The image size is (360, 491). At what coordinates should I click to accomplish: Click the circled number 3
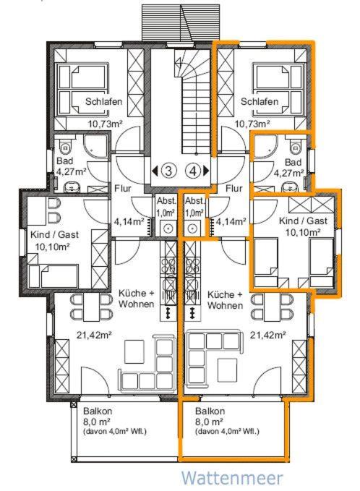click(168, 171)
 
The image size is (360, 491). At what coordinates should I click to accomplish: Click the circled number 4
click(194, 171)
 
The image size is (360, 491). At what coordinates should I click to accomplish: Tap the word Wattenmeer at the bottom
click(232, 478)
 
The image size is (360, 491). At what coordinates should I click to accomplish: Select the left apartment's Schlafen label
click(103, 101)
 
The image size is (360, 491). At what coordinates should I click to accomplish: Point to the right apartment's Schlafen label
click(260, 101)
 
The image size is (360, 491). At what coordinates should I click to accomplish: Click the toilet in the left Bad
click(66, 147)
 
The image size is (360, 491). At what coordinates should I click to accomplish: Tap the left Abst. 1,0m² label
click(166, 207)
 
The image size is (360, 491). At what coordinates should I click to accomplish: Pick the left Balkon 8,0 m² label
click(98, 417)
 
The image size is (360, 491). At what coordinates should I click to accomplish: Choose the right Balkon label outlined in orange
click(210, 411)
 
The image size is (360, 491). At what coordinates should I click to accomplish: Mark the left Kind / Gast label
click(54, 234)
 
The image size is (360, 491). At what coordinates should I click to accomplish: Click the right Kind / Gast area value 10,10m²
click(302, 232)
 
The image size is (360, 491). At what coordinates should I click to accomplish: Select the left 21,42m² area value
click(94, 335)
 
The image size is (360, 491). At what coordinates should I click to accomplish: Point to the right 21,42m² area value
click(267, 335)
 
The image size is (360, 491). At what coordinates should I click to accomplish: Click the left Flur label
click(123, 189)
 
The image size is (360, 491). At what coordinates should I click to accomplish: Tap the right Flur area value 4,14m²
click(231, 222)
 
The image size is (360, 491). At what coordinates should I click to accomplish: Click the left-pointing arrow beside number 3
click(155, 171)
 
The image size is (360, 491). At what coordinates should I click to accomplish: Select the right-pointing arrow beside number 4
click(206, 171)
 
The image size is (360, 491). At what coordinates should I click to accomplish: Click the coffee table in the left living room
click(134, 351)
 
